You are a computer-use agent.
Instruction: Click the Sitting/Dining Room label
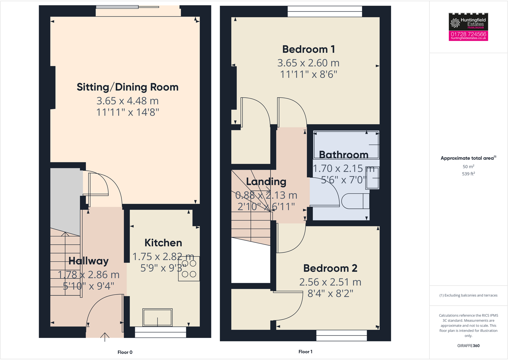[127, 87]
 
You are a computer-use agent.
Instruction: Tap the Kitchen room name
[163, 243]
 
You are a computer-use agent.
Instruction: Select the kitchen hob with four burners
[189, 269]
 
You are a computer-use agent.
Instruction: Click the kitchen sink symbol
[158, 317]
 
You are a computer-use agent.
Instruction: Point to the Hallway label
[89, 261]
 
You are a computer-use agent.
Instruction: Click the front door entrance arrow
[105, 337]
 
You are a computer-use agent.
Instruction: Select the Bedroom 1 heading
[309, 50]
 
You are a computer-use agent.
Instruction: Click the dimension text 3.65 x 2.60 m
[308, 63]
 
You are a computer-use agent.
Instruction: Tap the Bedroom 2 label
[330, 268]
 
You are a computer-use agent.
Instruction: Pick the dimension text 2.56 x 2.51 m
[330, 282]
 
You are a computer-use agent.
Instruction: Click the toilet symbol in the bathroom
[355, 201]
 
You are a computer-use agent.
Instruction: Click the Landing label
[266, 182]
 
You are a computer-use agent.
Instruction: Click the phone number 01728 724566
[468, 34]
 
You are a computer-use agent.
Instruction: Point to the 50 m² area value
[468, 166]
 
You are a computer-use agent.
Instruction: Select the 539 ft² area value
[468, 174]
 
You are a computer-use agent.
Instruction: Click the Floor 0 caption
[125, 352]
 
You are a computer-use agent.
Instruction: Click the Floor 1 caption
[305, 351]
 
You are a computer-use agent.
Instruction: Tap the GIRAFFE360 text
[468, 346]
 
